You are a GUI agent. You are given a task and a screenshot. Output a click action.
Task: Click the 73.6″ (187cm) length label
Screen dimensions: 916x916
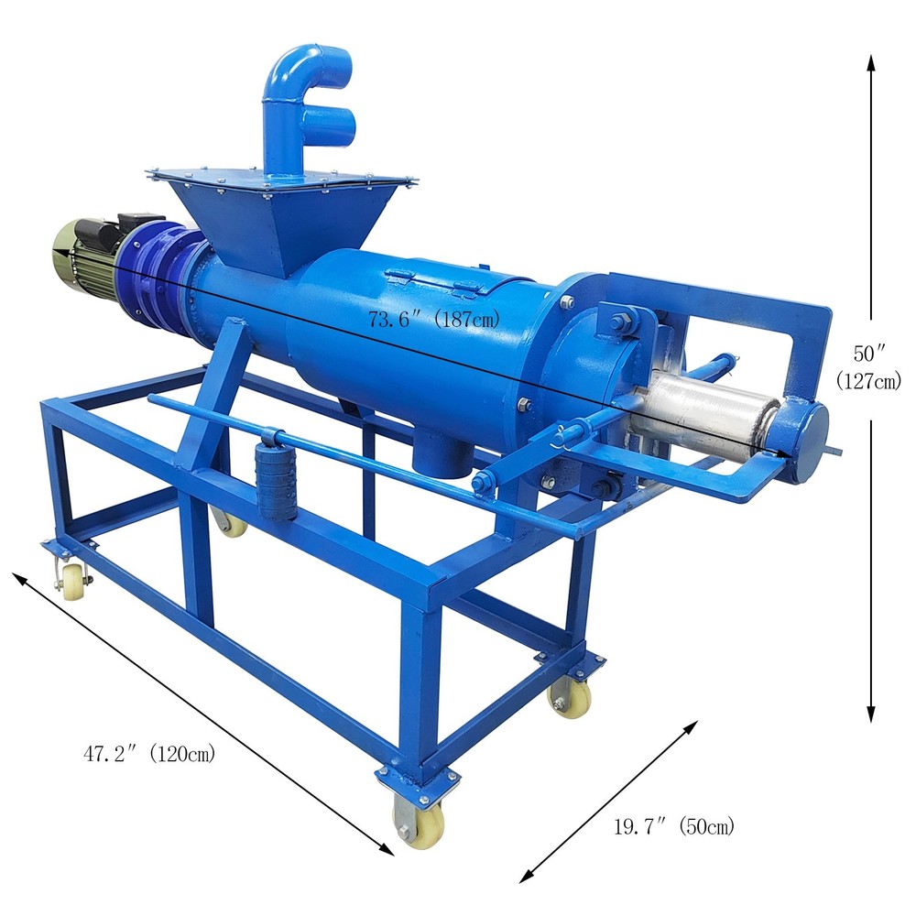(434, 320)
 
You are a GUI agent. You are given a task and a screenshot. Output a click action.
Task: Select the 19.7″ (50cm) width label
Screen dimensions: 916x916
(673, 827)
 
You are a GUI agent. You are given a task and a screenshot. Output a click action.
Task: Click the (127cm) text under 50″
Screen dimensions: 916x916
(869, 381)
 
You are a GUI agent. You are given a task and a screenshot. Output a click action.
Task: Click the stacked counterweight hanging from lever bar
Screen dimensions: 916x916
(276, 480)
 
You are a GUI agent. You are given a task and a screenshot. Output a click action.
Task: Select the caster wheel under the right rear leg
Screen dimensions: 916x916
(570, 700)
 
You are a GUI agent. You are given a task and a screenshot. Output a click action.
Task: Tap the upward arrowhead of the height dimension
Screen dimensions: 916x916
(871, 64)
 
